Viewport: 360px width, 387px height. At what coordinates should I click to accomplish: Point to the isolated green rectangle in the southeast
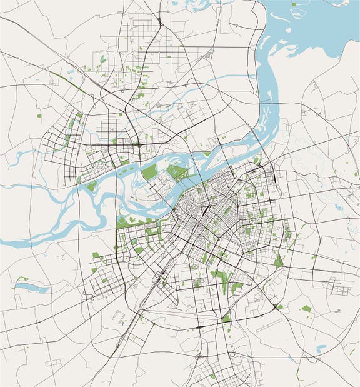click(x=306, y=308)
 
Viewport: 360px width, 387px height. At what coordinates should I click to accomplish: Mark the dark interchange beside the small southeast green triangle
click(x=274, y=306)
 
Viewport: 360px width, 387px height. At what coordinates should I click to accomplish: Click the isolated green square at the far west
click(x=40, y=116)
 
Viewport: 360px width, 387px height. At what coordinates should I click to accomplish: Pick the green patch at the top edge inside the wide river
click(x=294, y=4)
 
